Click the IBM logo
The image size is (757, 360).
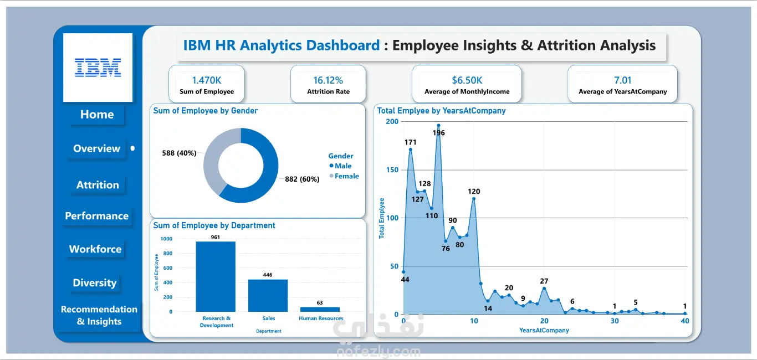tap(98, 68)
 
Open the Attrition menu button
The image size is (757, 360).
tap(98, 185)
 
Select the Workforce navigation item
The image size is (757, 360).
tap(95, 249)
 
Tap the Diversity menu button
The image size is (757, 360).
tap(95, 282)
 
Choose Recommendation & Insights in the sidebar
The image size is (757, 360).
tap(99, 315)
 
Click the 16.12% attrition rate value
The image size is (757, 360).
tap(328, 80)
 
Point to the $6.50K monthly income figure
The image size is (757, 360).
tap(467, 80)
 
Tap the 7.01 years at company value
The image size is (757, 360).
tap(622, 80)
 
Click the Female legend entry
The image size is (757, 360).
tap(344, 176)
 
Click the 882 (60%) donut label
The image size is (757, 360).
tap(302, 179)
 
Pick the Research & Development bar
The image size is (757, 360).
tap(216, 276)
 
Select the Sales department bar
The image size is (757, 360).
tap(268, 296)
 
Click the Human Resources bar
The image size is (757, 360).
tap(320, 310)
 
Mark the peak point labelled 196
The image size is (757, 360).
tap(439, 125)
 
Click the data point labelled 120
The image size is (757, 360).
tap(474, 199)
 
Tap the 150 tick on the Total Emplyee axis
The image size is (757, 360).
tap(392, 170)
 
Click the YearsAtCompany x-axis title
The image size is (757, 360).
tap(544, 330)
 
